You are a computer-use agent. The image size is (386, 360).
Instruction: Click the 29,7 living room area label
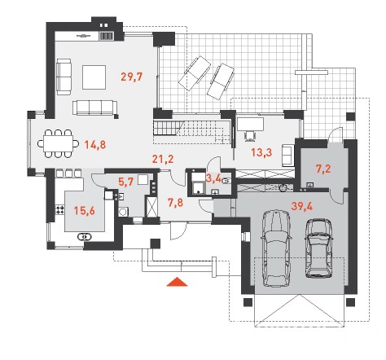pyautogui.click(x=132, y=77)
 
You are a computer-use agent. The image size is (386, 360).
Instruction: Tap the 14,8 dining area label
pyautogui.click(x=95, y=145)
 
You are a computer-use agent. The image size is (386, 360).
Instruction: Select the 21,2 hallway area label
pyautogui.click(x=163, y=159)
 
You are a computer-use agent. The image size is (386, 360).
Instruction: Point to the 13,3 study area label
pyautogui.click(x=261, y=152)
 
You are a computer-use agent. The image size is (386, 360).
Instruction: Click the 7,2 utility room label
pyautogui.click(x=323, y=169)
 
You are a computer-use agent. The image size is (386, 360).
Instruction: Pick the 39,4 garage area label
pyautogui.click(x=302, y=206)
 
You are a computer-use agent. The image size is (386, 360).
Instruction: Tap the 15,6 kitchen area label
pyautogui.click(x=85, y=211)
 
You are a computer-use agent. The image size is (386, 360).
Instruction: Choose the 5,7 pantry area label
pyautogui.click(x=126, y=182)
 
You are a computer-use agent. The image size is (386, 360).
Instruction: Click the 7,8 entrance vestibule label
pyautogui.click(x=175, y=203)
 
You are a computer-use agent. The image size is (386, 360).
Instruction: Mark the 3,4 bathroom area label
pyautogui.click(x=214, y=179)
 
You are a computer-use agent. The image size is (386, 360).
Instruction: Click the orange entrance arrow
pyautogui.click(x=177, y=282)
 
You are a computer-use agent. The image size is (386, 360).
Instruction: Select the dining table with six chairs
pyautogui.click(x=58, y=143)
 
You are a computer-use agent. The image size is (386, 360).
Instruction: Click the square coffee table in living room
pyautogui.click(x=94, y=77)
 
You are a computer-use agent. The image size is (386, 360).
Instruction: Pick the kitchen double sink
pyautogui.click(x=85, y=237)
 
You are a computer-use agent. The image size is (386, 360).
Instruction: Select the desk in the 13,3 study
pyautogui.click(x=250, y=124)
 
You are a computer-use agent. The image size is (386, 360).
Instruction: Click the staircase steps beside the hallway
pyautogui.click(x=166, y=128)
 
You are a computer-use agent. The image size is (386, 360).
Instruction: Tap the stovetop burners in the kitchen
pyautogui.click(x=60, y=209)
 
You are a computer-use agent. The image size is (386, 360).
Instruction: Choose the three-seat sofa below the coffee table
pyautogui.click(x=95, y=108)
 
